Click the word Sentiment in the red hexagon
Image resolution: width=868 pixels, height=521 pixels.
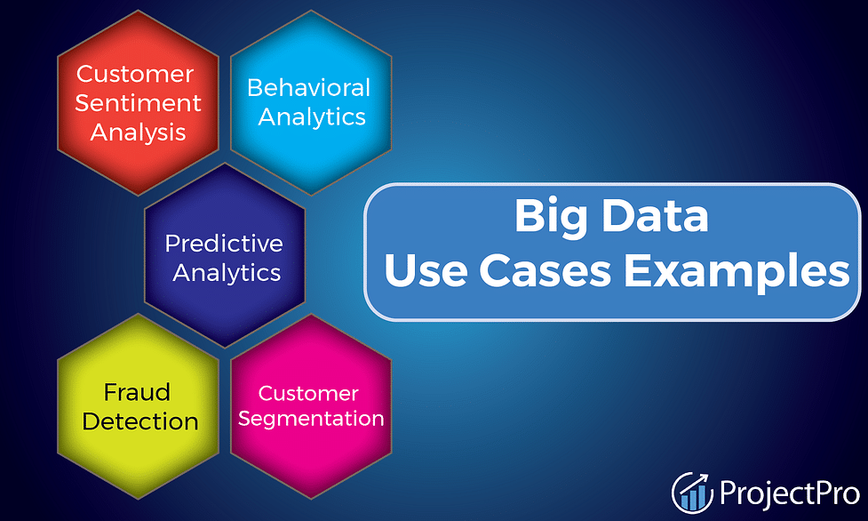tap(138, 103)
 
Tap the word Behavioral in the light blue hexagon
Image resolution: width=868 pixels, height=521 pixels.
tap(308, 87)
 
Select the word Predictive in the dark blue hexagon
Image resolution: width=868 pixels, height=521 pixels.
tap(224, 244)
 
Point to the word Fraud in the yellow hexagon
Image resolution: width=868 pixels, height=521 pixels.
tap(137, 392)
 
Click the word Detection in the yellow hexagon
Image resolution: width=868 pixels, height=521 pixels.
tap(140, 421)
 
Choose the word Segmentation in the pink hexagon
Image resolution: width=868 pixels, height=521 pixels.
tap(311, 419)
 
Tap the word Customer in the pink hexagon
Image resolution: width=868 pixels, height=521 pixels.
tap(308, 394)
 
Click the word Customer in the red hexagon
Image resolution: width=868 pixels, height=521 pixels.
tap(135, 74)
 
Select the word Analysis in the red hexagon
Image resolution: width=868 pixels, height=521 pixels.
tap(138, 133)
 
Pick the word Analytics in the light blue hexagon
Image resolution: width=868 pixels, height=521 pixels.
tap(312, 117)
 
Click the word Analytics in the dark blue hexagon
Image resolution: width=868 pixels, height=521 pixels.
tap(227, 273)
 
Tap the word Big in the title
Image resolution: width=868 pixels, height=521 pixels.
tap(550, 217)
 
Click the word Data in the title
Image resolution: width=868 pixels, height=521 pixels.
tap(655, 216)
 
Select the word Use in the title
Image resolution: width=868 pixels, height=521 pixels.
tap(426, 270)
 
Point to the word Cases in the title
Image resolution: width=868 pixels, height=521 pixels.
tap(545, 270)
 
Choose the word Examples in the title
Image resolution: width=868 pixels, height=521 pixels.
tap(737, 271)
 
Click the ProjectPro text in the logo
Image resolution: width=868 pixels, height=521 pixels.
tap(790, 493)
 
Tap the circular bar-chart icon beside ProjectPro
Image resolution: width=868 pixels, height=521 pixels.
tap(692, 493)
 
